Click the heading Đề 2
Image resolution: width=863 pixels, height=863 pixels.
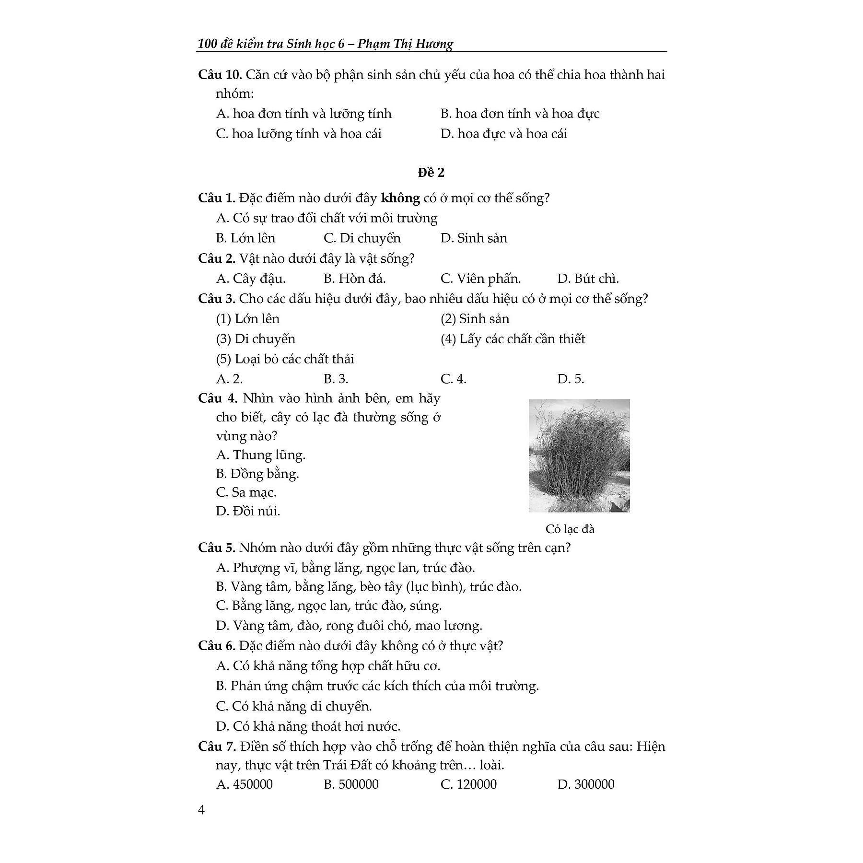click(431, 173)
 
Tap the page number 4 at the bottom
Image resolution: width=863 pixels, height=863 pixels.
click(201, 810)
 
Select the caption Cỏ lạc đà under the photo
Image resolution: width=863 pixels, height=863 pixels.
click(570, 529)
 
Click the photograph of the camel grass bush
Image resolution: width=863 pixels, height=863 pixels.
click(579, 455)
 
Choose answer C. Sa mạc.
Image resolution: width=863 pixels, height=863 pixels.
click(246, 492)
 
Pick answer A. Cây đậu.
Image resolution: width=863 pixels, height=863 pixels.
click(251, 279)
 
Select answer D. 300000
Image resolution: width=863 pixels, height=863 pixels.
click(586, 784)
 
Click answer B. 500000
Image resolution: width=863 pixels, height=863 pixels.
click(351, 784)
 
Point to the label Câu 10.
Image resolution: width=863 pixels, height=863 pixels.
click(220, 75)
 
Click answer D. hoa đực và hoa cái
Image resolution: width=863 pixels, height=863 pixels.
click(503, 134)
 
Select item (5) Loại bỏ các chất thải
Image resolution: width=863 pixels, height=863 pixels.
click(285, 359)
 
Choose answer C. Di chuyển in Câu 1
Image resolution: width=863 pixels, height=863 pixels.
click(362, 238)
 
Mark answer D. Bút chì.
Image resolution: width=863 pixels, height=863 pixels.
click(588, 279)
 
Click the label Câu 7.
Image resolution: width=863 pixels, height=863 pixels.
click(217, 746)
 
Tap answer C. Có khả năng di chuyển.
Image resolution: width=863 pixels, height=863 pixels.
click(294, 706)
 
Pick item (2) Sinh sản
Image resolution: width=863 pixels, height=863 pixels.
click(475, 319)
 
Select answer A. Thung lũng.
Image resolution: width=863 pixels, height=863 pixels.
click(261, 455)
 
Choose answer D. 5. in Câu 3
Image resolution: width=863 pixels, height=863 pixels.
click(571, 379)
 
